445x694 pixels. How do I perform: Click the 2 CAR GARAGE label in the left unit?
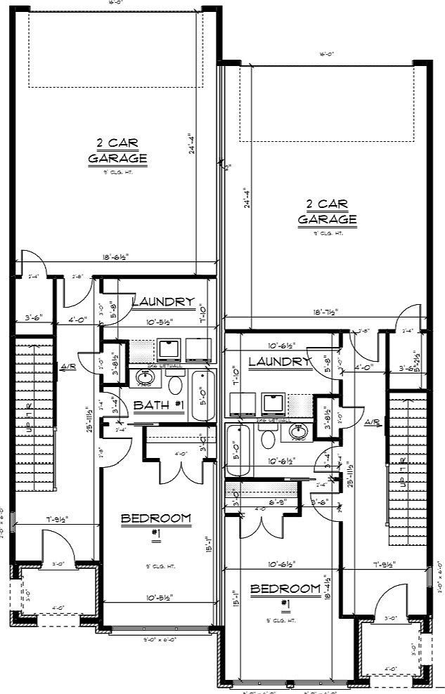pos(117,151)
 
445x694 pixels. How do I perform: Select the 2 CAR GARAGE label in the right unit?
pos(327,211)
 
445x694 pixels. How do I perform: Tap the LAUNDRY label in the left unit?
pos(162,302)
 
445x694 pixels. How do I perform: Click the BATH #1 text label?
pos(158,405)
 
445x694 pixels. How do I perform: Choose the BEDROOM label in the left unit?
pos(155,519)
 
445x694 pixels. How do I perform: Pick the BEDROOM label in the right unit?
pos(285,589)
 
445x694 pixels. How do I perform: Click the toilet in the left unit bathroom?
pos(174,383)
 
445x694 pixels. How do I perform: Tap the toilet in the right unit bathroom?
pos(267,439)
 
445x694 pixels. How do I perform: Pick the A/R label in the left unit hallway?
pos(68,366)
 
